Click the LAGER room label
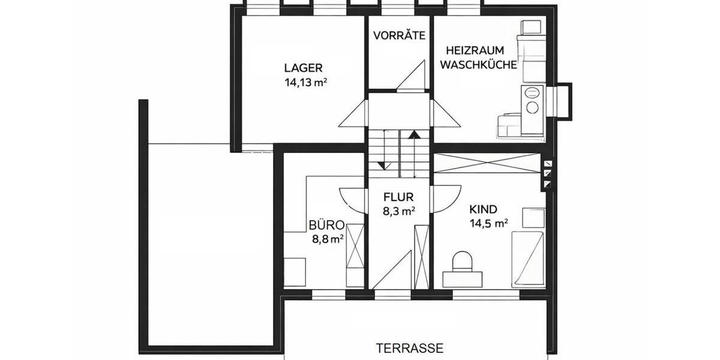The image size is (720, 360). (x=304, y=68)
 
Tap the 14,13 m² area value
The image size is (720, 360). (x=305, y=83)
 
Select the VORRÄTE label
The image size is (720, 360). (x=399, y=35)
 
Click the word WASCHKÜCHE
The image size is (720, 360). (x=478, y=65)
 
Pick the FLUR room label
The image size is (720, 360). (x=398, y=196)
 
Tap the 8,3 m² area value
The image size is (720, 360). (x=399, y=211)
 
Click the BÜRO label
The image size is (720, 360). (x=326, y=226)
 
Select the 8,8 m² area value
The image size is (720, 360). (x=327, y=239)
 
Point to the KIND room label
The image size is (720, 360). (x=483, y=209)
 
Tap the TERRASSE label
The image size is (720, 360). (x=410, y=347)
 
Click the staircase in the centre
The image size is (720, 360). (x=399, y=154)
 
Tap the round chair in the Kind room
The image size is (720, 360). (x=463, y=261)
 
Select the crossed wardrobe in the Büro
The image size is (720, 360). (x=355, y=254)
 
